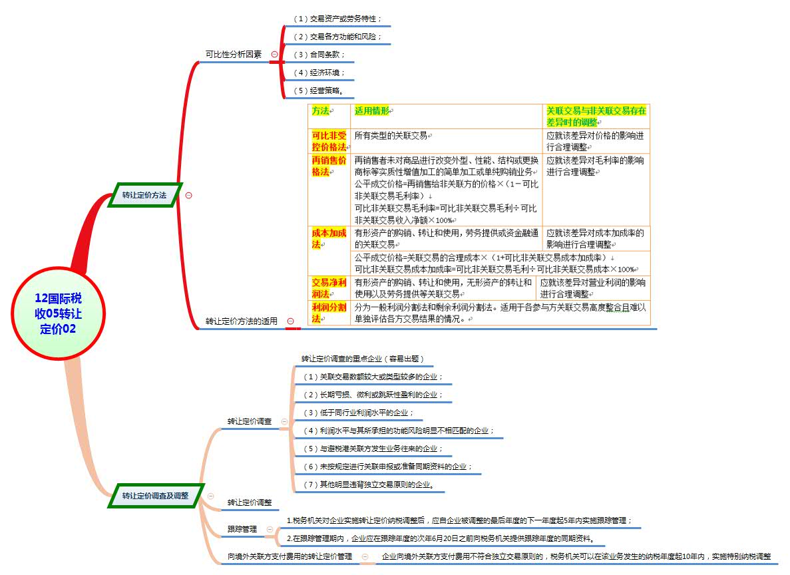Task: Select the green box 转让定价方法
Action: [x=144, y=195]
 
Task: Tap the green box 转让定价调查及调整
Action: [x=155, y=495]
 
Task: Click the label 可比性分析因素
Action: [x=233, y=55]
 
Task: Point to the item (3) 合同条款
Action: [x=319, y=55]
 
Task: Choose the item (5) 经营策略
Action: [x=323, y=91]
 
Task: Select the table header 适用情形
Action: [x=373, y=110]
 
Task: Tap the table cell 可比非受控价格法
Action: [x=329, y=141]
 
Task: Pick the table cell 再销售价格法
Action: [x=329, y=166]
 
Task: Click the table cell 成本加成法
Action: [x=329, y=238]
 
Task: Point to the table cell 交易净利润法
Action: [x=329, y=287]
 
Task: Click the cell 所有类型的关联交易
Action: [x=391, y=136]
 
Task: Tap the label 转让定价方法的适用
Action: [x=241, y=321]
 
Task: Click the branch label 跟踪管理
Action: [x=242, y=529]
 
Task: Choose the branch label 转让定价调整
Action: [x=249, y=502]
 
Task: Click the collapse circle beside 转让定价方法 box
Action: [x=188, y=195]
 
